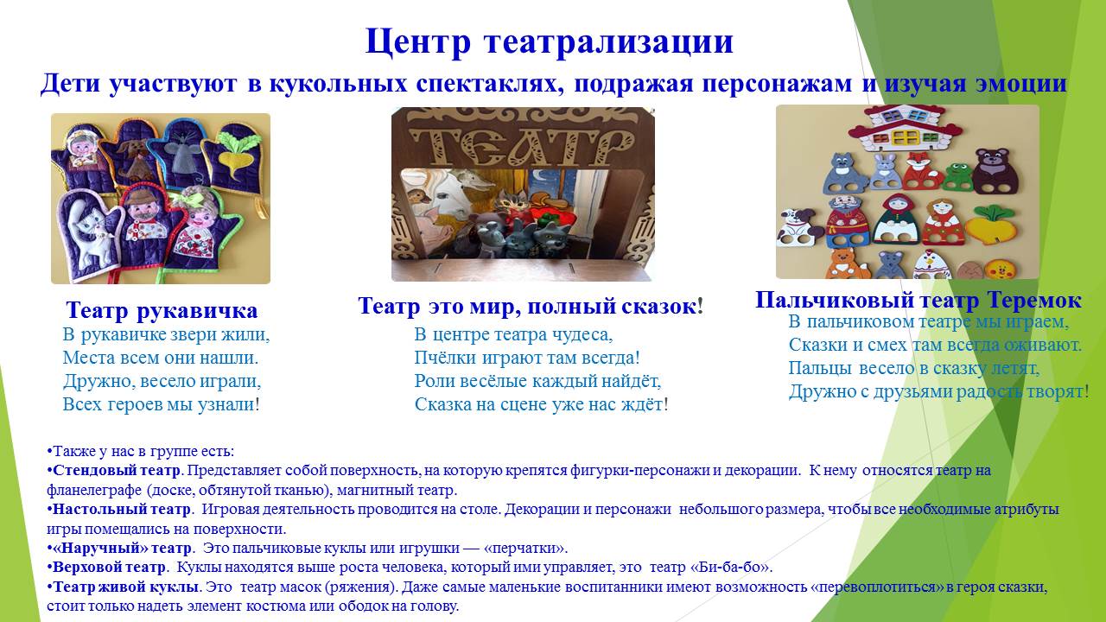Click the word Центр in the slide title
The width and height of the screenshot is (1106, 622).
coord(417,42)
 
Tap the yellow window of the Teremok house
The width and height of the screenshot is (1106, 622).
coord(906,136)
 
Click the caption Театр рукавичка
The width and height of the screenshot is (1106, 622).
coord(162,310)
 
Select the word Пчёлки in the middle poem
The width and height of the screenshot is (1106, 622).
coord(443,358)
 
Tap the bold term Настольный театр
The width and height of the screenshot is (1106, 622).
coord(122,509)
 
